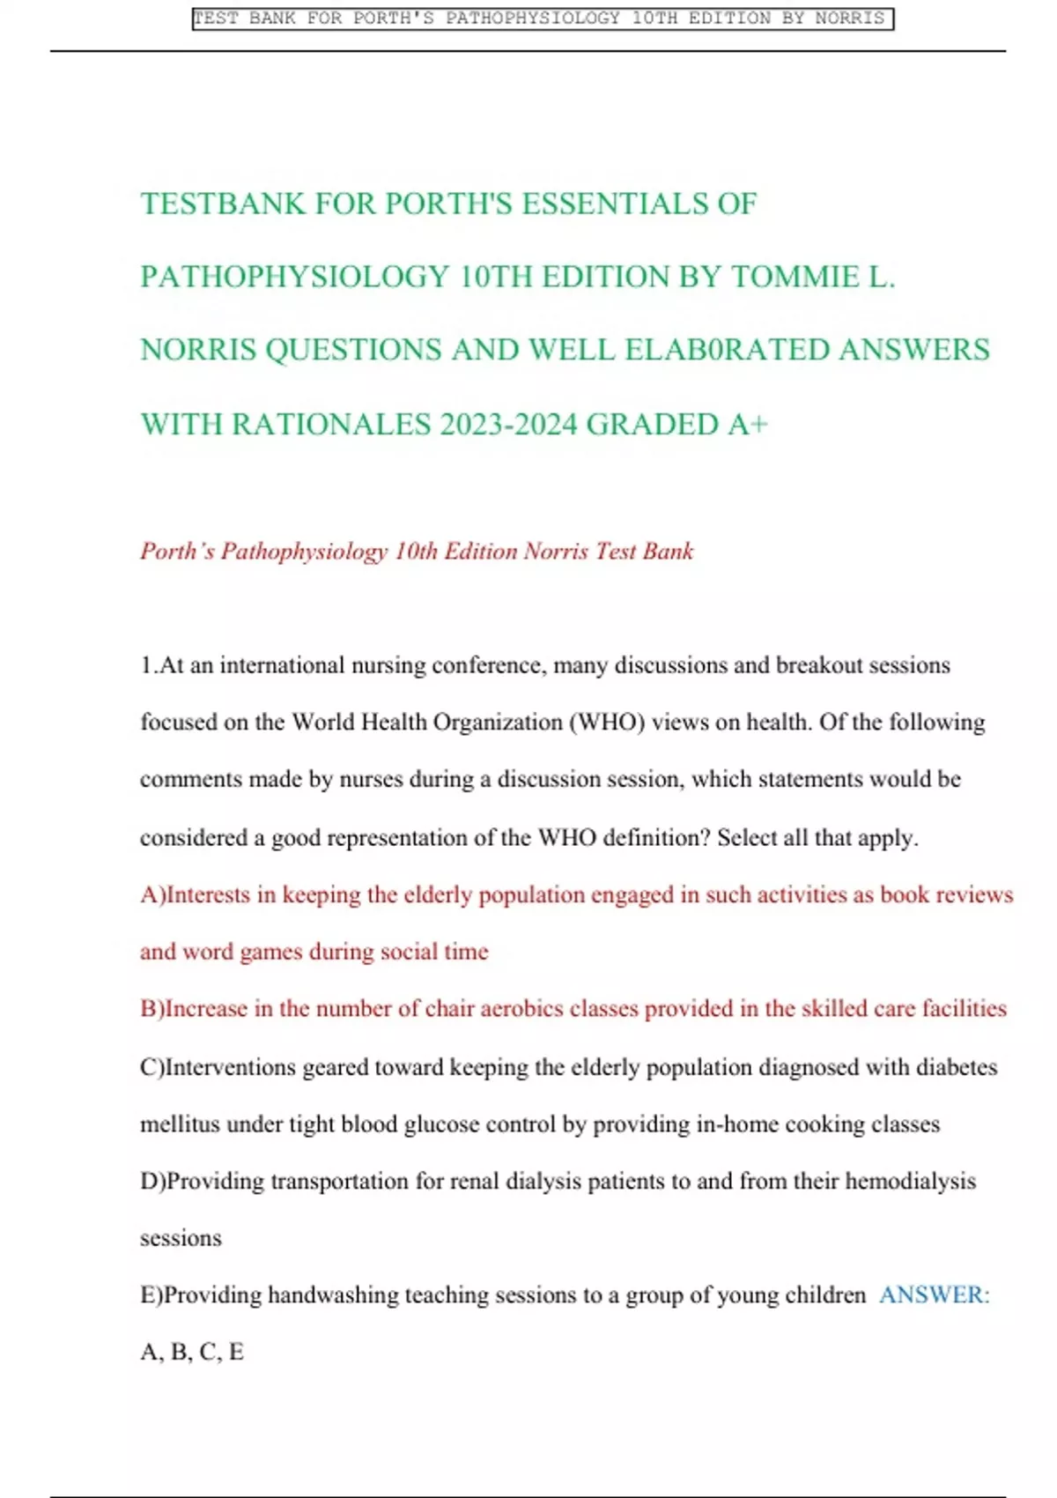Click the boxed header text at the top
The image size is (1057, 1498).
tap(542, 19)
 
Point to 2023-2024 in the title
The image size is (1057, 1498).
tap(508, 425)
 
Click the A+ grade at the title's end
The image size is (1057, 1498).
tap(748, 425)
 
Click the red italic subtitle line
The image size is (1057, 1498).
tap(417, 552)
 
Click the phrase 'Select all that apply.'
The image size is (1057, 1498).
tap(817, 838)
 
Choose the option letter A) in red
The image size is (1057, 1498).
tap(152, 895)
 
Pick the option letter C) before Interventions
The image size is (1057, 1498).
tap(152, 1068)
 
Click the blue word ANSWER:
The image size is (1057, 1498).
tap(934, 1295)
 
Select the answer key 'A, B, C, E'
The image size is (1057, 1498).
tap(192, 1353)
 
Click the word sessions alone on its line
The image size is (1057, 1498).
tap(181, 1239)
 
